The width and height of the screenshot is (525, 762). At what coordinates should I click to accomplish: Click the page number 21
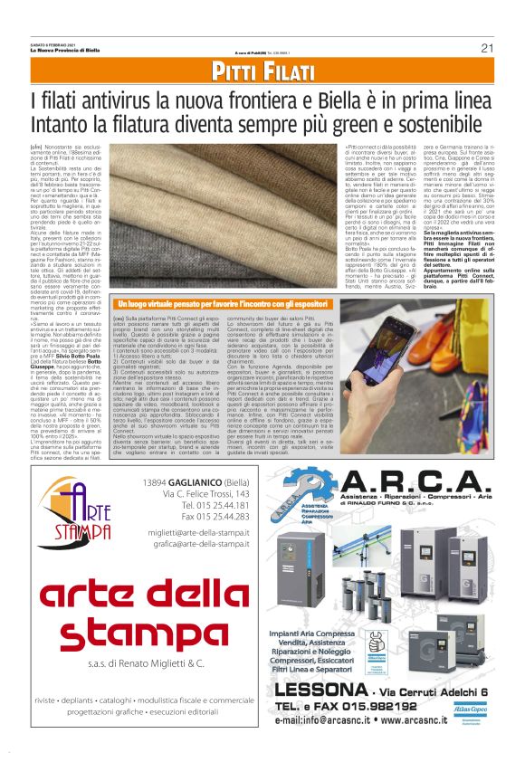[486, 48]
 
